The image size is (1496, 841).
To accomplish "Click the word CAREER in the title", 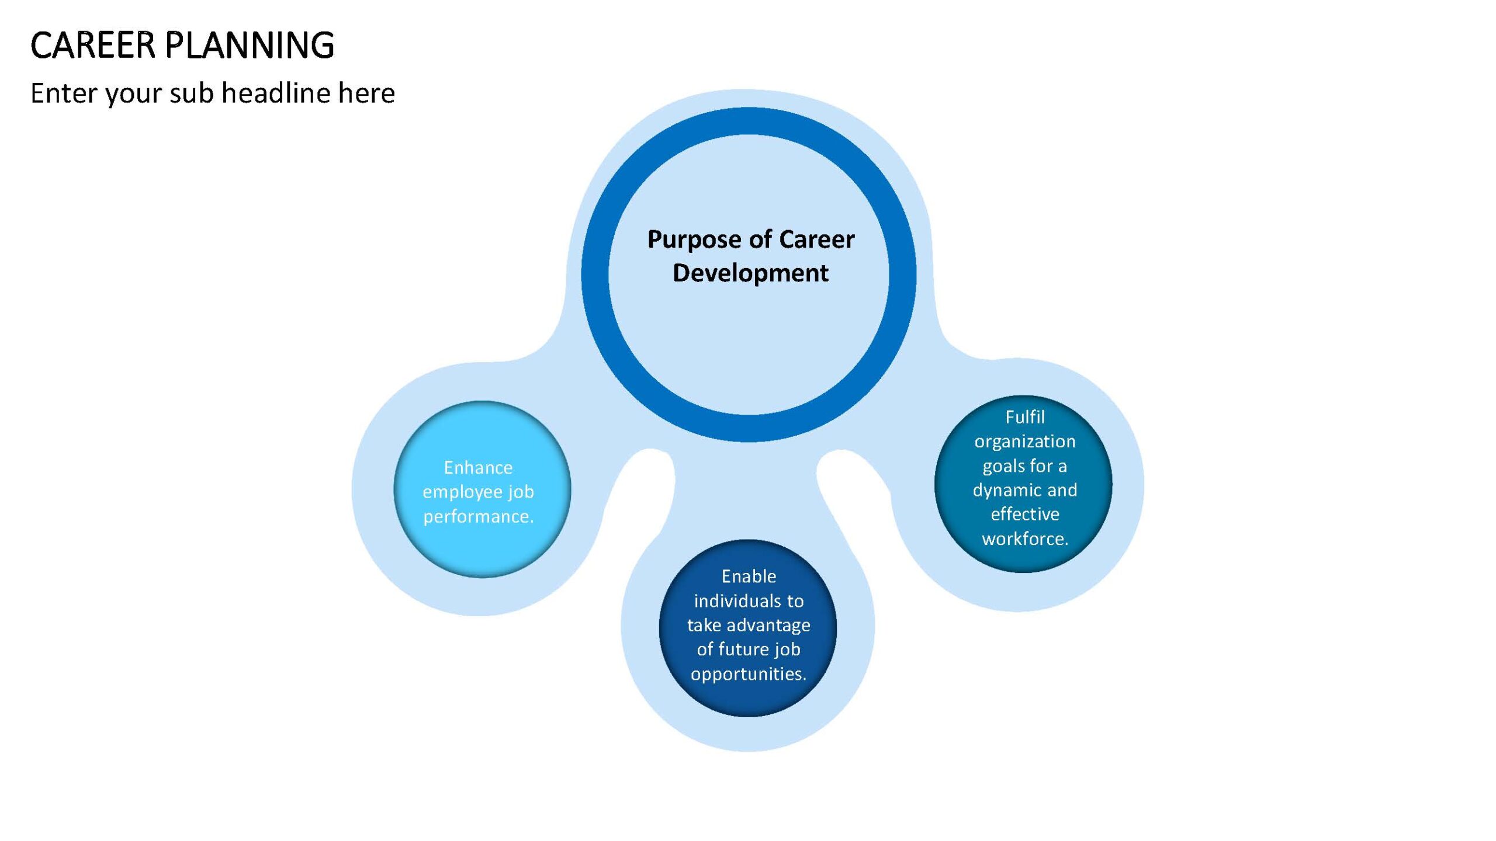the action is [93, 45].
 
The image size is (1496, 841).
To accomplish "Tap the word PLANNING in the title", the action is [250, 45].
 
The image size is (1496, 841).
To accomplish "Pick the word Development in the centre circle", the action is [750, 273].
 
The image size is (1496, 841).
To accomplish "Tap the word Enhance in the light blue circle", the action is [478, 467].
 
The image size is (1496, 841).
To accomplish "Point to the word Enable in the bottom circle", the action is [749, 576].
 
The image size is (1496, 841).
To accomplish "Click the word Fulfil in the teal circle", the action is [1024, 417].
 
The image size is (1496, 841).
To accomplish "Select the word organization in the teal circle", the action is [1024, 442].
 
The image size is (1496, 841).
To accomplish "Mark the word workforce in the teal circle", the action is [1023, 538].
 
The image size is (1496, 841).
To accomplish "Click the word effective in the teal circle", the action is [1024, 514].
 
